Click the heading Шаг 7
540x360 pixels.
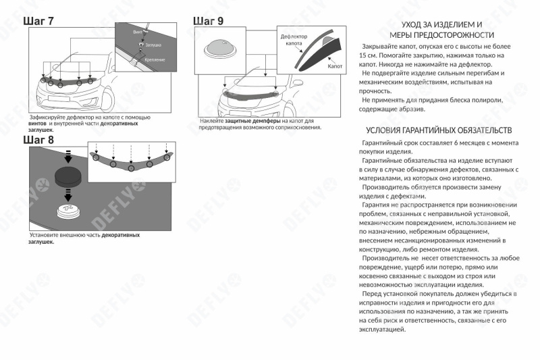coord(38,22)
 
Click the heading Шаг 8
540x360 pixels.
coord(38,139)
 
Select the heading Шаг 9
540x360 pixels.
coord(209,21)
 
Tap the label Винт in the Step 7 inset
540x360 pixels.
coord(138,32)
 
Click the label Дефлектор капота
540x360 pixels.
coord(294,38)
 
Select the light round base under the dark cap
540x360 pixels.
coord(68,210)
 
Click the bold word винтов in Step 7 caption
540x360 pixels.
coord(38,124)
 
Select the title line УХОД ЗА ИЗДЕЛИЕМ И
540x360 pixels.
coord(442,24)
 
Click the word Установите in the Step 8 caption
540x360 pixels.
coord(44,235)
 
